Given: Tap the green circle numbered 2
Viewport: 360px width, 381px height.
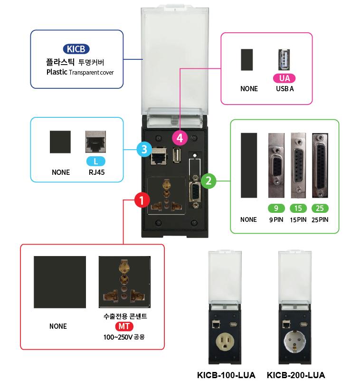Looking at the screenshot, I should click(x=208, y=181).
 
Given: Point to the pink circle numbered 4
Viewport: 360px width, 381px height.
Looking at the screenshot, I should click(x=180, y=138).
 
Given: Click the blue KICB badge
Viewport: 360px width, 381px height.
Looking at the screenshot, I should click(x=76, y=49).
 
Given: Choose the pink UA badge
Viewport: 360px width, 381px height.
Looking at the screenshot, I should click(x=284, y=78).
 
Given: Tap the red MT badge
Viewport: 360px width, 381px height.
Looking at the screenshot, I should click(x=125, y=327).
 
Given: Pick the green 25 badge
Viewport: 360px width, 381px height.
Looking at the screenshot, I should click(x=320, y=208).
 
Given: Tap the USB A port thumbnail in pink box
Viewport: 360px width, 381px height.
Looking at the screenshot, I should click(x=284, y=59).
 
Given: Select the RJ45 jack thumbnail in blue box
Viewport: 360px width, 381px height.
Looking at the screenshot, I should click(x=95, y=142).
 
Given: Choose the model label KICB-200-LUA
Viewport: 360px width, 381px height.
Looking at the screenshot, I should click(x=296, y=375).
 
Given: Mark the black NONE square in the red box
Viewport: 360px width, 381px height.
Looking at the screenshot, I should click(x=60, y=282).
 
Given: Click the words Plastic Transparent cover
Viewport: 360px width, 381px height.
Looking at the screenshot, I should click(x=80, y=72).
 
